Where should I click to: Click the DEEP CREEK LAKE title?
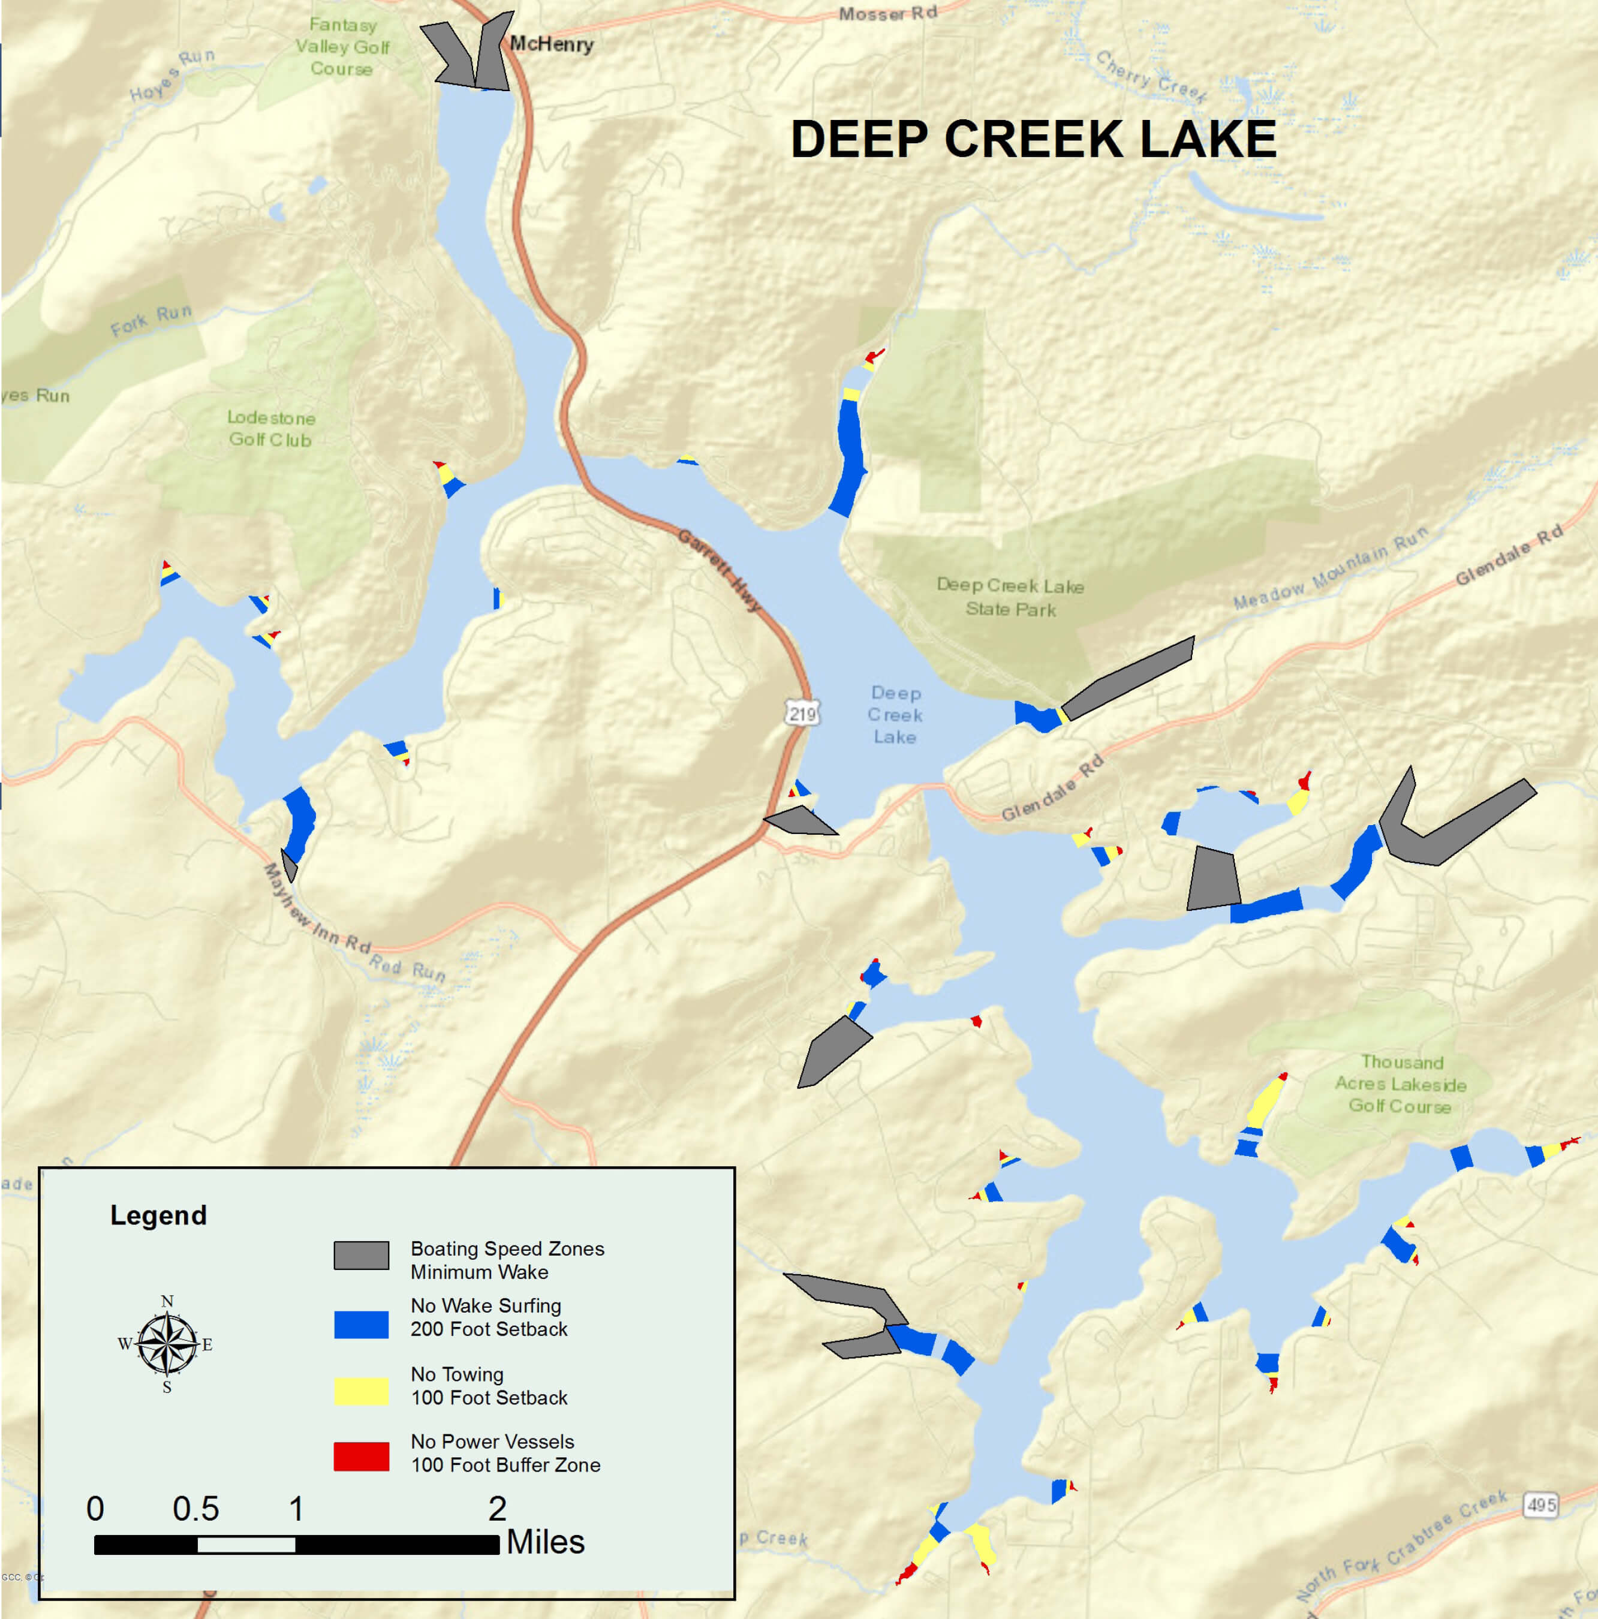click(x=1033, y=139)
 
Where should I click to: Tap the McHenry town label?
click(x=552, y=44)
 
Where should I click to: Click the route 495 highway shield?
click(x=1541, y=1505)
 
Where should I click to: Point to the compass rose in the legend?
click(x=167, y=1344)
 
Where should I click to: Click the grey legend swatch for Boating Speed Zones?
click(x=361, y=1255)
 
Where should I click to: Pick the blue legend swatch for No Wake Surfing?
click(x=361, y=1324)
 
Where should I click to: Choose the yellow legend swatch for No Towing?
click(x=361, y=1391)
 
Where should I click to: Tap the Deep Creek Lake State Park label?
click(x=1010, y=597)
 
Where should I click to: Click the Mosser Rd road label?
click(x=887, y=13)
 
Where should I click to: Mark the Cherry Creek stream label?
click(x=1151, y=76)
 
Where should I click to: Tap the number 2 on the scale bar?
click(x=497, y=1509)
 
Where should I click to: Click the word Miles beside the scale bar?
click(x=546, y=1542)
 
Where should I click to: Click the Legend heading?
click(x=158, y=1215)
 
